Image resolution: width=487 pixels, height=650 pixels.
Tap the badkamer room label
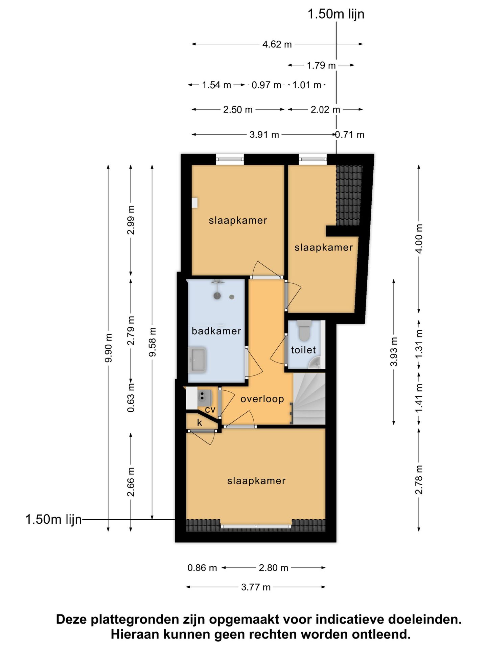pyautogui.click(x=216, y=331)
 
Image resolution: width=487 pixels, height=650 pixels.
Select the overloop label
pyautogui.click(x=262, y=399)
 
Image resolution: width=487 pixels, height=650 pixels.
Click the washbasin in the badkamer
pyautogui.click(x=197, y=360)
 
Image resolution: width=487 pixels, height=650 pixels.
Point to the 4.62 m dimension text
pyautogui.click(x=277, y=44)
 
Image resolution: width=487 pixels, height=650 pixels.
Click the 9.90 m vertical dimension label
pyautogui.click(x=108, y=348)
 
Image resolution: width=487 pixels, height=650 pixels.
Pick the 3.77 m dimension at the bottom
pyautogui.click(x=256, y=587)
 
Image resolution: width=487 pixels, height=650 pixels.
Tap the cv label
pyautogui.click(x=210, y=410)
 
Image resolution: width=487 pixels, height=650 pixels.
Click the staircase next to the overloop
pyautogui.click(x=309, y=398)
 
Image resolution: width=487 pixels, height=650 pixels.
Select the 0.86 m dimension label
pyautogui.click(x=202, y=568)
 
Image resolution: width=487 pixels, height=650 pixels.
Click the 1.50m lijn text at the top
pyautogui.click(x=336, y=14)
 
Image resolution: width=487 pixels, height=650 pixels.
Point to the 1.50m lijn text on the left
pyautogui.click(x=54, y=519)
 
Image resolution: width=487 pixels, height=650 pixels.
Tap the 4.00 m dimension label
pyautogui.click(x=419, y=239)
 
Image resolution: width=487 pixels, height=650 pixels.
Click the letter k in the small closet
pyautogui.click(x=200, y=422)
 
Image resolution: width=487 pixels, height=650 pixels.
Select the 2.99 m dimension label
pyautogui.click(x=131, y=220)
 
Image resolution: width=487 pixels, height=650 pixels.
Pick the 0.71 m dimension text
pyautogui.click(x=350, y=135)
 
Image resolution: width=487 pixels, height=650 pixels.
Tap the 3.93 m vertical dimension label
pyautogui.click(x=394, y=352)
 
